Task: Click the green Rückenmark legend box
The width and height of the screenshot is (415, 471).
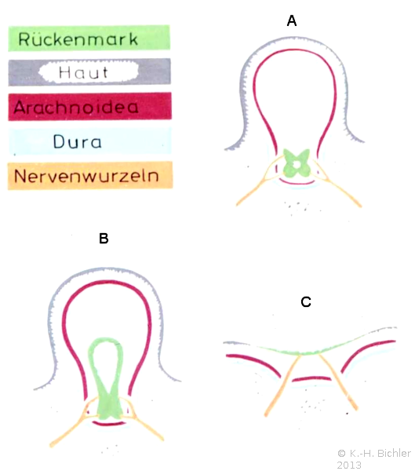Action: (x=89, y=38)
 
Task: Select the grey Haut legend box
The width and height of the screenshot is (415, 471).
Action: (x=89, y=72)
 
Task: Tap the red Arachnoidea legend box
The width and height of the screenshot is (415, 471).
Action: (x=89, y=106)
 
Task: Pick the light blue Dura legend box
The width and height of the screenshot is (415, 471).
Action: (x=90, y=141)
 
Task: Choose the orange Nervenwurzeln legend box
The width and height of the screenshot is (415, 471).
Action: (x=90, y=176)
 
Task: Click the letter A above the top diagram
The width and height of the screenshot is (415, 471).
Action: (x=292, y=21)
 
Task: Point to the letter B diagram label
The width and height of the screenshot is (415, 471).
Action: (x=104, y=239)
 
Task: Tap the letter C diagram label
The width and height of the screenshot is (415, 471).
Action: (x=306, y=302)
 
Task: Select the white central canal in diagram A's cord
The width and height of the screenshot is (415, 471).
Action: (x=297, y=165)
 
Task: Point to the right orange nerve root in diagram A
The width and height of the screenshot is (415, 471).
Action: (x=337, y=184)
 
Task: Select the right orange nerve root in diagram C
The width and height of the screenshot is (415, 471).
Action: (x=337, y=382)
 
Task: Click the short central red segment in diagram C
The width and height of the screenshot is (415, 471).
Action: (x=311, y=378)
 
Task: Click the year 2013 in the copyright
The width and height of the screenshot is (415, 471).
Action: (x=349, y=465)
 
